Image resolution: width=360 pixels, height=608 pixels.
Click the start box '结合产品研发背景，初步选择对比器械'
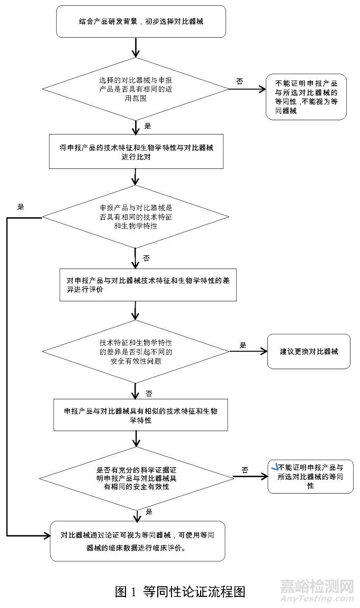tap(137, 22)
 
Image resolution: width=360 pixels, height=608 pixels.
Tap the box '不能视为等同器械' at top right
tap(307, 97)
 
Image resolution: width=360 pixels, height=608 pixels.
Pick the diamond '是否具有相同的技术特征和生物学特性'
tap(136, 217)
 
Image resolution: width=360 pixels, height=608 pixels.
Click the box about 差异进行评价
tap(148, 285)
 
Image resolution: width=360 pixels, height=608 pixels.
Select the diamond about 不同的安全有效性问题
tap(136, 351)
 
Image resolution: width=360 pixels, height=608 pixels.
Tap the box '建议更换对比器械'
tap(309, 352)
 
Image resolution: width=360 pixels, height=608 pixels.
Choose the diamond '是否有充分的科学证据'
tap(136, 478)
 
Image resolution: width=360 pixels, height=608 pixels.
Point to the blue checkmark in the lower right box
tap(274, 467)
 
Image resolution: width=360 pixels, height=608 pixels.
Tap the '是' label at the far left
tap(22, 207)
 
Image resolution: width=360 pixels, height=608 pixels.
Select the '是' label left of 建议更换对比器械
tap(243, 345)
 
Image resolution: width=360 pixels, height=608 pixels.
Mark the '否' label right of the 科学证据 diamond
tap(245, 470)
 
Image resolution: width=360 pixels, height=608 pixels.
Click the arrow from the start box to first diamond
tap(137, 48)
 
